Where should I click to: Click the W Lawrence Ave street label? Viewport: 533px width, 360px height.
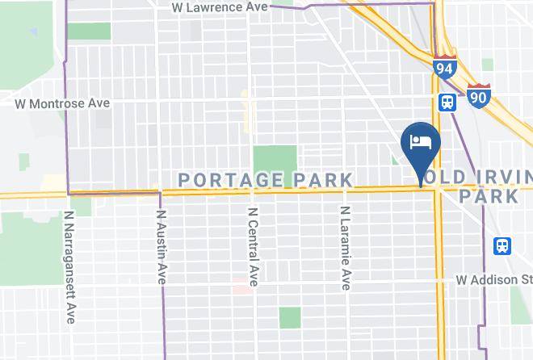(220, 7)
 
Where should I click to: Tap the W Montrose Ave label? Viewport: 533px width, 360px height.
(62, 103)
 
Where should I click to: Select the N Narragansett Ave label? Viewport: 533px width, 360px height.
(71, 267)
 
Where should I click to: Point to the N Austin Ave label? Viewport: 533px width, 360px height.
(162, 247)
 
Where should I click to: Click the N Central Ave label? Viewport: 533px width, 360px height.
(253, 247)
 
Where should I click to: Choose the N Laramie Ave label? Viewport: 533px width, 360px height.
(345, 249)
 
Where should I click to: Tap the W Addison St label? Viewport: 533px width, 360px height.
(493, 280)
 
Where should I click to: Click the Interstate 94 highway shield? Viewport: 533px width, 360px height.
(443, 68)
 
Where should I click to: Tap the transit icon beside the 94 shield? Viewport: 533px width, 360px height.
(447, 103)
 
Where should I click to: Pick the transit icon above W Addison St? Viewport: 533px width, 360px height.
(502, 245)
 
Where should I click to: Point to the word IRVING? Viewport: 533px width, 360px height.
(500, 178)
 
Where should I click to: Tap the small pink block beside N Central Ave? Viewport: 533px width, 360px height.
(241, 287)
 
